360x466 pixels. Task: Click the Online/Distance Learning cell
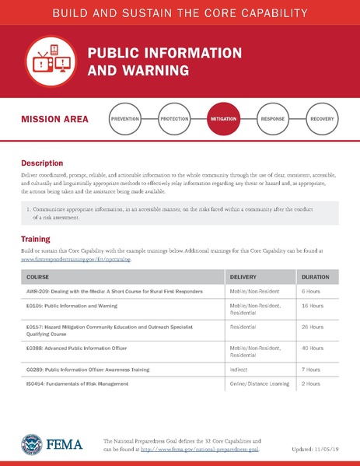[x=260, y=384]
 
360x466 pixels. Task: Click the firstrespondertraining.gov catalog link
[x=76, y=259]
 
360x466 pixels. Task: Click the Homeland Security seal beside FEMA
[x=32, y=444]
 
